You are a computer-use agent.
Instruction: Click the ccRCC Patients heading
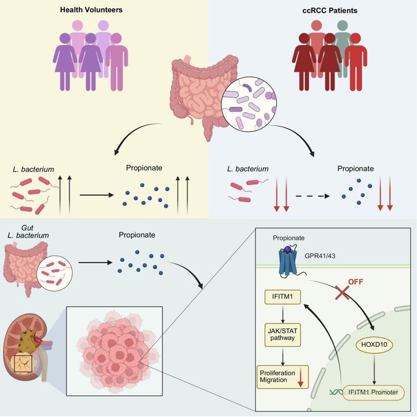click(329, 10)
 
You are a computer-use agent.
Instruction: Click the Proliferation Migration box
click(282, 377)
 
